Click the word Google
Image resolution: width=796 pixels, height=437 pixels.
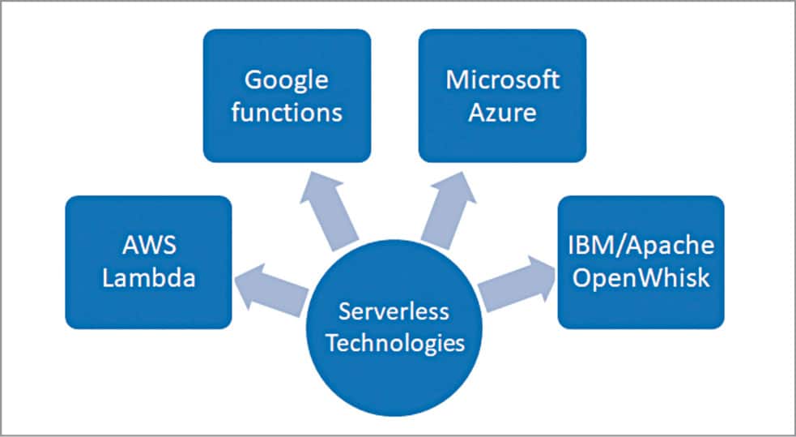[287, 81]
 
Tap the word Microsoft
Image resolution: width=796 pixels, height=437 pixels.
[502, 81]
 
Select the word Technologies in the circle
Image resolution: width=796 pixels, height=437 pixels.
[393, 342]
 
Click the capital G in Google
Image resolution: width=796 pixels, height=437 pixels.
[253, 81]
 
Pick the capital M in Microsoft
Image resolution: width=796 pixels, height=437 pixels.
[457, 81]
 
